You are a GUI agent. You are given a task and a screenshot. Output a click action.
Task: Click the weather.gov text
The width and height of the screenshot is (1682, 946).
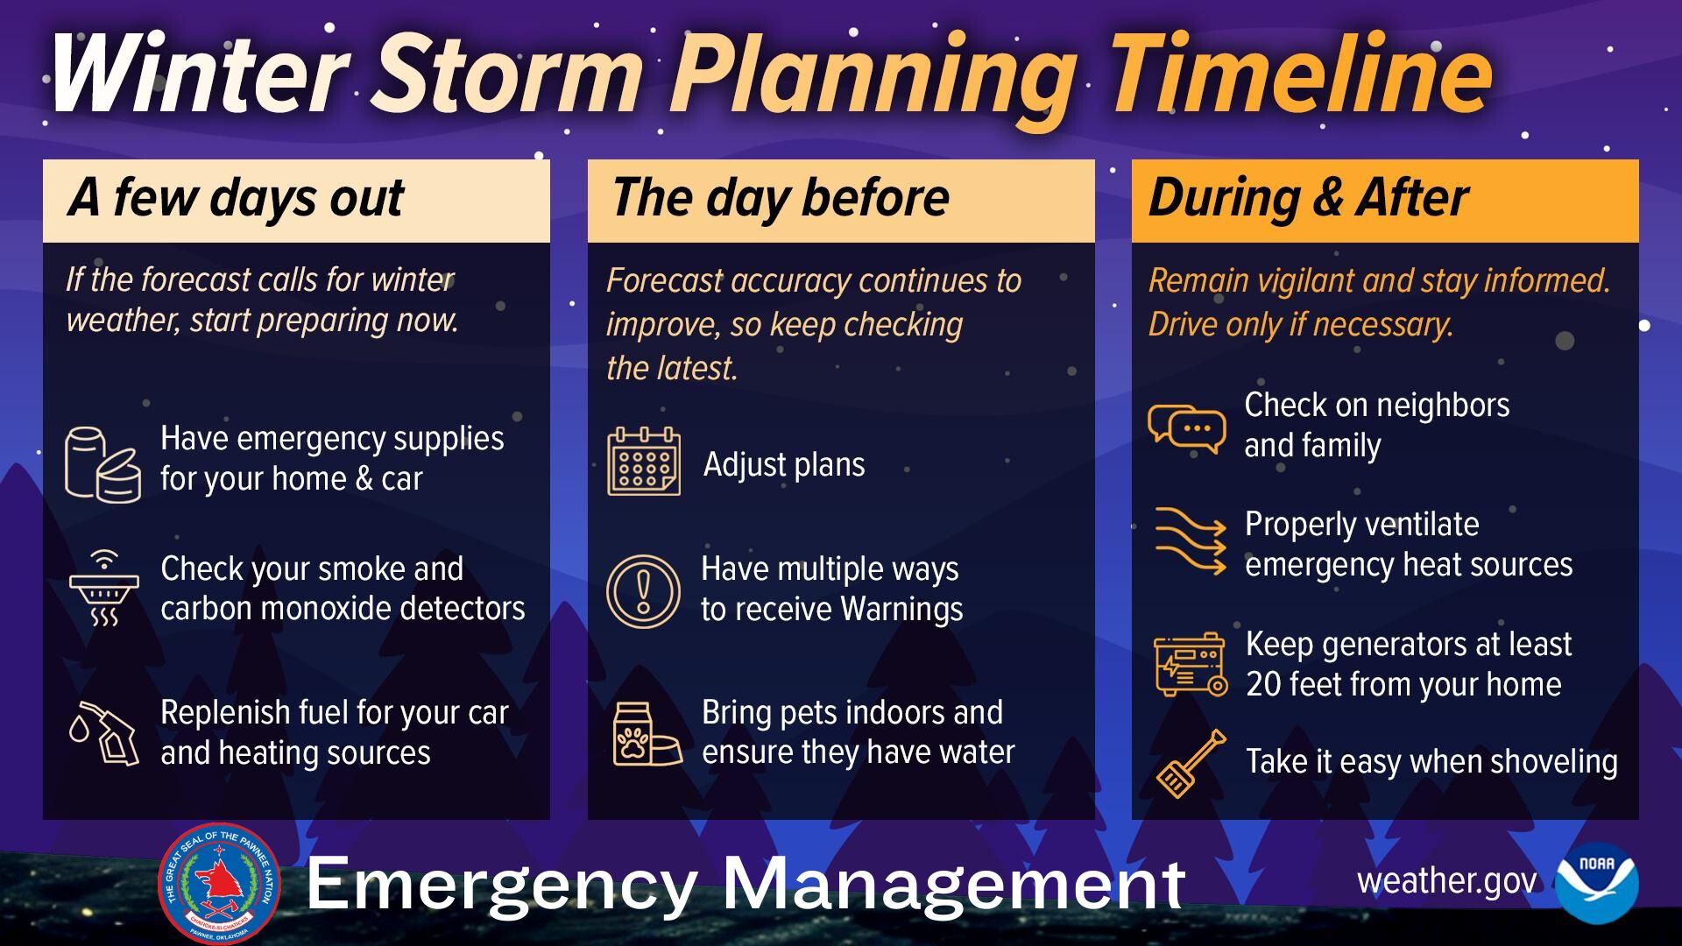(x=1446, y=881)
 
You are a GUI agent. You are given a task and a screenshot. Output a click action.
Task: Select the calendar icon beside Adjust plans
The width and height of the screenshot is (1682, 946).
(x=644, y=462)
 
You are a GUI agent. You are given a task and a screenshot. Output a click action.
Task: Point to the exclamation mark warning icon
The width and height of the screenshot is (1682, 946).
(x=643, y=590)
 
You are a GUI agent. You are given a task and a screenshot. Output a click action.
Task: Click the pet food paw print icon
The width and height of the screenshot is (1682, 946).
(x=647, y=734)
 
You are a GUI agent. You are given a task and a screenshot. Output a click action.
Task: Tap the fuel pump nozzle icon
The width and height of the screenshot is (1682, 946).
(x=104, y=732)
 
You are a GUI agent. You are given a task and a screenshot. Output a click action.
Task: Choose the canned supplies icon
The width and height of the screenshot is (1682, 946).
(x=102, y=464)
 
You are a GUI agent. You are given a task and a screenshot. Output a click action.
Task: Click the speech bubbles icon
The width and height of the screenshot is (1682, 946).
(x=1187, y=429)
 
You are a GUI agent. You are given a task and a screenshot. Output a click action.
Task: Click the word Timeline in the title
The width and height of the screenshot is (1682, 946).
(x=1301, y=74)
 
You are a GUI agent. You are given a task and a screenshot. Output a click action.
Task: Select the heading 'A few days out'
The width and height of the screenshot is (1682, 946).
(x=237, y=198)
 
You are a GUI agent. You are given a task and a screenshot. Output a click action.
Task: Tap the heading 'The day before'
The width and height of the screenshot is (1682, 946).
(x=781, y=198)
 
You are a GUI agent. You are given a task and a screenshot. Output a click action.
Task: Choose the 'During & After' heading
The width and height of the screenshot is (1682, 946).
(x=1309, y=198)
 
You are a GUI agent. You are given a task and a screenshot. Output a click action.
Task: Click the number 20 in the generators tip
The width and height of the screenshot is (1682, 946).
(x=1264, y=685)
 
